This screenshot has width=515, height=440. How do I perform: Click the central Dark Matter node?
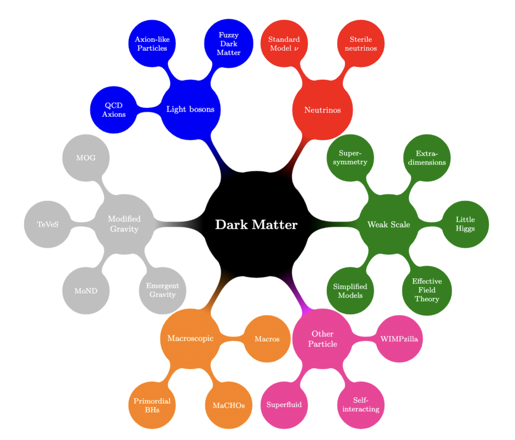point(256,225)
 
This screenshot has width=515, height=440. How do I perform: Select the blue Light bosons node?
point(190,109)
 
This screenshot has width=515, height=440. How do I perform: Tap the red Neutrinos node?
point(322,110)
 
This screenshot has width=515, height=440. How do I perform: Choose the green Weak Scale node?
point(388,225)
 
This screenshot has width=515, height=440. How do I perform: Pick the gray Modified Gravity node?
point(124,224)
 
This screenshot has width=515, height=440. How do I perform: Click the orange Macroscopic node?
point(190,339)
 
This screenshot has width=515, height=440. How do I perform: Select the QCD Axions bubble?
point(114,110)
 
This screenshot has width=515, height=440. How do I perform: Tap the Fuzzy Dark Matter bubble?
point(229,44)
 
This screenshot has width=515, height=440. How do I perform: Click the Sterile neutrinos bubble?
point(361,44)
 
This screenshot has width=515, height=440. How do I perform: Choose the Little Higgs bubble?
point(465,224)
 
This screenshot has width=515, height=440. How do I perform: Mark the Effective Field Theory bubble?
point(426,291)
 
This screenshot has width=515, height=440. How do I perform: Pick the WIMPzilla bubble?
point(399,339)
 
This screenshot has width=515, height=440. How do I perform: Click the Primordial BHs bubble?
point(152,405)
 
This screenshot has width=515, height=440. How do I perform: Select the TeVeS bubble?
point(48,224)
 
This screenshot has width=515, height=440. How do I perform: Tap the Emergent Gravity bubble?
point(162,290)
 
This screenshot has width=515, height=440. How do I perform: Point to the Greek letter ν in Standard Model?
point(296,48)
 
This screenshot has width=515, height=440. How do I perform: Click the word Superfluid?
point(284,405)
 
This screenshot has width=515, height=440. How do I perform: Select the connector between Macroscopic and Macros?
point(232,339)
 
